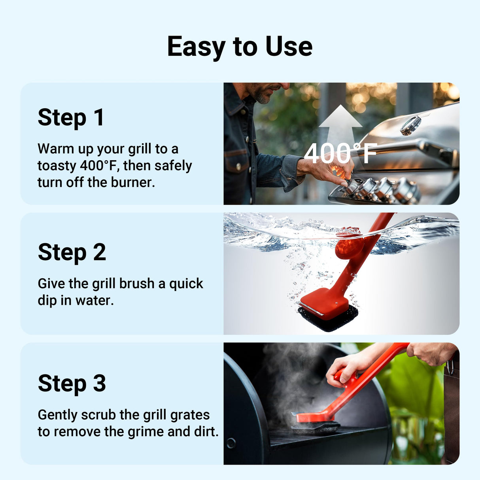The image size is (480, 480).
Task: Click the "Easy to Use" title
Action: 240,47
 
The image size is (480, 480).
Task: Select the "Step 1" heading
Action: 71,117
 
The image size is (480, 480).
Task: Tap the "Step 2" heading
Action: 72,252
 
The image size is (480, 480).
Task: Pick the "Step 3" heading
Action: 72,383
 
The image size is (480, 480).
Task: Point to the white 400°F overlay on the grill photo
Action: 340,153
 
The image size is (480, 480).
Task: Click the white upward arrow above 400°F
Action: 340,123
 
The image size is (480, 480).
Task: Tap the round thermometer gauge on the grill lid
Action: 410,125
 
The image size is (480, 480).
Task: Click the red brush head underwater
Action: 324,302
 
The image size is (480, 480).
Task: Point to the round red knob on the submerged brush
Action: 349,247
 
